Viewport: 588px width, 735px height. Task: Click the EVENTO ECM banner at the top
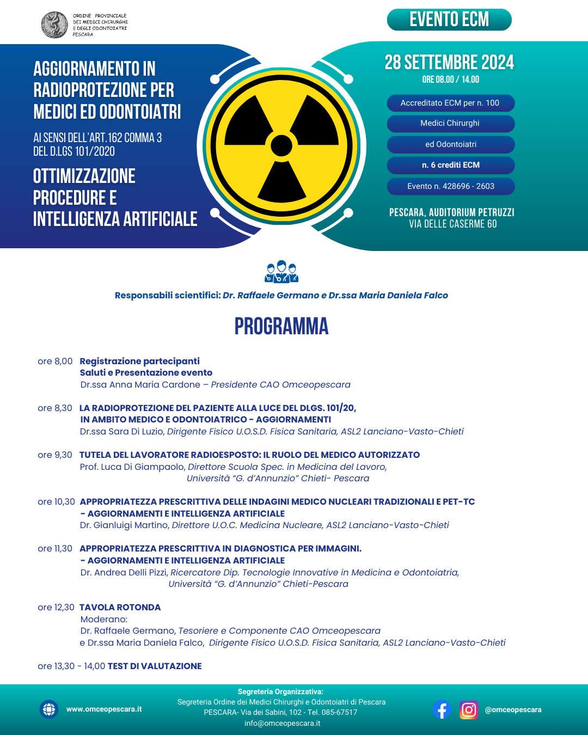449,20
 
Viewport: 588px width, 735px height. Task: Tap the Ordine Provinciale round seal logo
54,25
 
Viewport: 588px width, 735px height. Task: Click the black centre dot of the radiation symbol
281,146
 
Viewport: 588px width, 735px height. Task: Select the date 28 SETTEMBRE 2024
449,63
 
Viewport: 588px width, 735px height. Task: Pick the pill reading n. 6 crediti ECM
451,165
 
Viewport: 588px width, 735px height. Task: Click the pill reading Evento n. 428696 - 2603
451,186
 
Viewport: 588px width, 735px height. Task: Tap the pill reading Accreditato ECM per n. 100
450,103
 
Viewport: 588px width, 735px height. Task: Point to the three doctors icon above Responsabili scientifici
281,272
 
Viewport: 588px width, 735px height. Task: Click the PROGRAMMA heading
281,327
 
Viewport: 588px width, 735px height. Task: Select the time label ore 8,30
55,408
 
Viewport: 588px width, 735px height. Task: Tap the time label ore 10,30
56,501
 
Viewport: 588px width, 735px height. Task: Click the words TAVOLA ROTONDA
120,607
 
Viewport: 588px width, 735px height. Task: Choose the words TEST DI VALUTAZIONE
155,666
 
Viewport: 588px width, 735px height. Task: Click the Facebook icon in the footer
442,709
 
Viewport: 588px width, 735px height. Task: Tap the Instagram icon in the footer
468,709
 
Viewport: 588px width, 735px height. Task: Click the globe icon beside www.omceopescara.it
49,709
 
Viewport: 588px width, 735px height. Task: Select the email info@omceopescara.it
282,723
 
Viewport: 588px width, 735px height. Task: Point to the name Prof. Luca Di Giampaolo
132,467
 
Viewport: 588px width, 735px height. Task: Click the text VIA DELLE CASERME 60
452,224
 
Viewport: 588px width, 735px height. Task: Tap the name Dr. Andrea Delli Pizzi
124,572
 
